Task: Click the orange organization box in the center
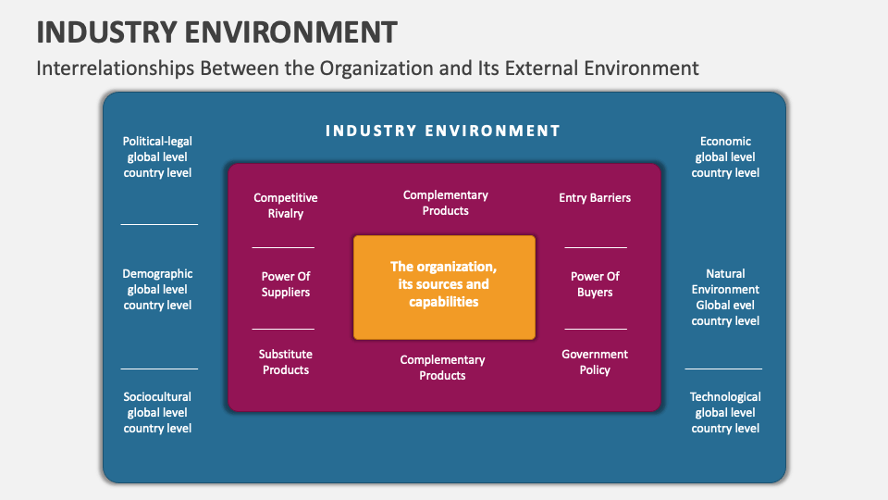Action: coord(444,286)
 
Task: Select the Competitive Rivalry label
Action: coord(285,206)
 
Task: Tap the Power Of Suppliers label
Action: coord(285,284)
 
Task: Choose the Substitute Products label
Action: coord(285,362)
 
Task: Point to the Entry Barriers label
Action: coord(595,197)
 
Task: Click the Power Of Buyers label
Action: coord(595,284)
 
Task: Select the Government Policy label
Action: coord(595,362)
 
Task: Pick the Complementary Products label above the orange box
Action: coord(445,203)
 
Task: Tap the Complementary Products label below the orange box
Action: coord(442,368)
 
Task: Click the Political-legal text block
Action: coord(157,157)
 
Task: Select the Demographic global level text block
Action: coord(157,289)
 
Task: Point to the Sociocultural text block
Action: coord(157,412)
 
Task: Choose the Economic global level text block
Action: coord(725,157)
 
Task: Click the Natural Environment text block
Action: coord(725,297)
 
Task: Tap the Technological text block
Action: coord(725,412)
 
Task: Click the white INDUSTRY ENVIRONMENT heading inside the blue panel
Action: coord(443,131)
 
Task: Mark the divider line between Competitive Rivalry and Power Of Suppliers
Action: coord(283,247)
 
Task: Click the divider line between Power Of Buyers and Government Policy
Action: coord(596,329)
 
